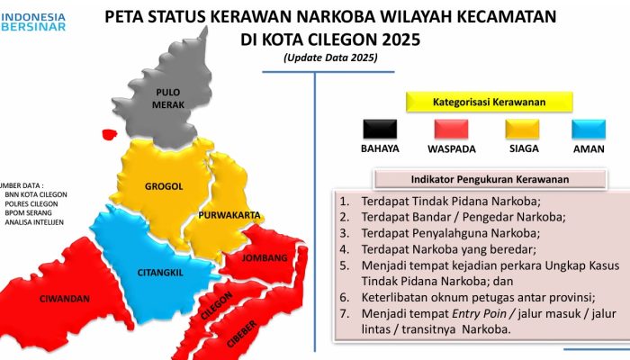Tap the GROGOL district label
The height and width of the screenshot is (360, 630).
pos(164,186)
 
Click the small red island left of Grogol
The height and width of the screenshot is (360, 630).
pos(110,135)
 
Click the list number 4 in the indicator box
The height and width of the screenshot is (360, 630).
pos(344,249)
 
